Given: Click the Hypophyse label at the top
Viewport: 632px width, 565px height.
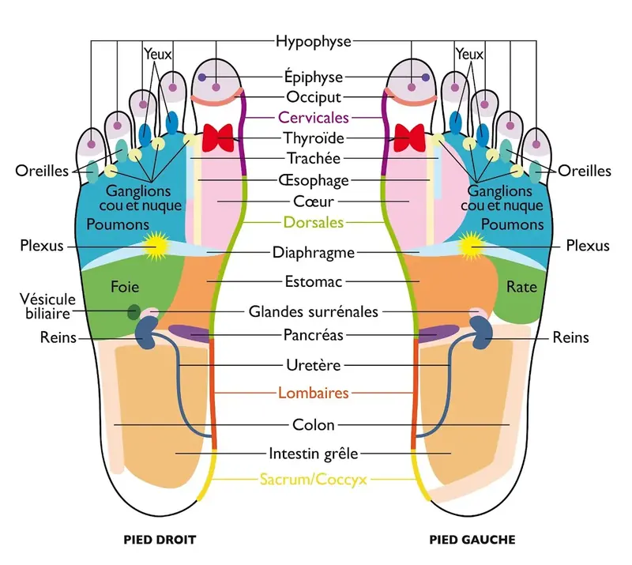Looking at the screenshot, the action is tap(313, 42).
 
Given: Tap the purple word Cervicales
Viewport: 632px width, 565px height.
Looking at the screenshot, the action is tap(313, 118).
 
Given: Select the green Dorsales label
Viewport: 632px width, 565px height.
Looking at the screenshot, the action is tap(313, 222).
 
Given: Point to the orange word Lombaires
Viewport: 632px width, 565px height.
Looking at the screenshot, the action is tap(313, 393).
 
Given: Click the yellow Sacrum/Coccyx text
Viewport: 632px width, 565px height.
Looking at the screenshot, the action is tap(313, 480).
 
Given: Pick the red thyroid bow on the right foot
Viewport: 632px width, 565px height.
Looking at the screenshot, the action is tap(218, 138).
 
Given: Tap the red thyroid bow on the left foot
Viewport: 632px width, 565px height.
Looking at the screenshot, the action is tap(409, 138).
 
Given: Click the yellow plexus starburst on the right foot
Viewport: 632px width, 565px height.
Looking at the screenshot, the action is tap(156, 246).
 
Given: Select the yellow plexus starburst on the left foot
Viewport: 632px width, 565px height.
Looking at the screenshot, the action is tap(470, 246).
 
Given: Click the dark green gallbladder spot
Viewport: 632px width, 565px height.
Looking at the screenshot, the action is tap(134, 312).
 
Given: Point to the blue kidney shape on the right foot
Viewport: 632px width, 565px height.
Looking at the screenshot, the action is tap(146, 333).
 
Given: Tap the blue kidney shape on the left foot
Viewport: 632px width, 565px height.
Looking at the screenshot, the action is tap(481, 333).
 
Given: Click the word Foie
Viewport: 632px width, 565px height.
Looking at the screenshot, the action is tap(125, 287).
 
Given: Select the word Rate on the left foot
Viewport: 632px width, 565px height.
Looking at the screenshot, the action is tap(521, 287).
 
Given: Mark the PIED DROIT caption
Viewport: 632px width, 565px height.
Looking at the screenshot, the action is tap(160, 540).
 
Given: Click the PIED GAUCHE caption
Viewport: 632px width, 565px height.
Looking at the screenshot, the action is tap(472, 540).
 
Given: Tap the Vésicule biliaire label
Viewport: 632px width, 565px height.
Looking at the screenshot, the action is tap(47, 306).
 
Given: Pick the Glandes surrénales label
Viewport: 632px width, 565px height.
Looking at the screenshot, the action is tap(313, 312).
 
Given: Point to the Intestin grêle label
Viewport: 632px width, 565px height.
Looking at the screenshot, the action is tap(313, 454).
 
